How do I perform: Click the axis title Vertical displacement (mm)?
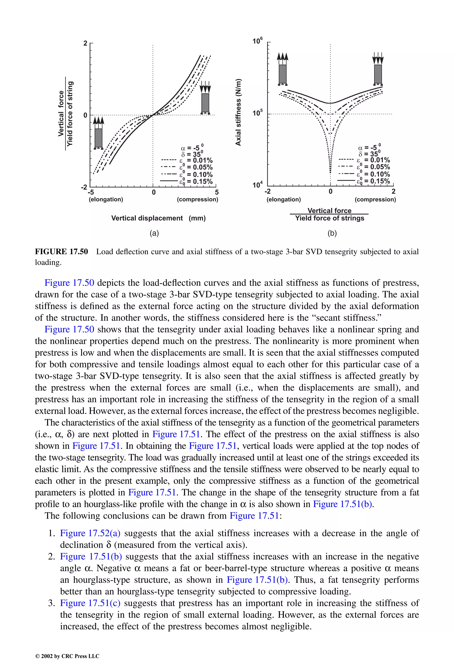[158, 218]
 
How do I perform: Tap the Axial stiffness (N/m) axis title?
[238, 112]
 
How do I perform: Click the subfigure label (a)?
[154, 233]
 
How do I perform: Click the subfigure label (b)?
[332, 233]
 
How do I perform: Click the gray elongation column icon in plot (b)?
[282, 74]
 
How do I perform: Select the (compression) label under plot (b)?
[375, 199]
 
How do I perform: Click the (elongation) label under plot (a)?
[106, 199]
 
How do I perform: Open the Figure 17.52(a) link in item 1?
[90, 533]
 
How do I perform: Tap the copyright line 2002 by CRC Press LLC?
[67, 656]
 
